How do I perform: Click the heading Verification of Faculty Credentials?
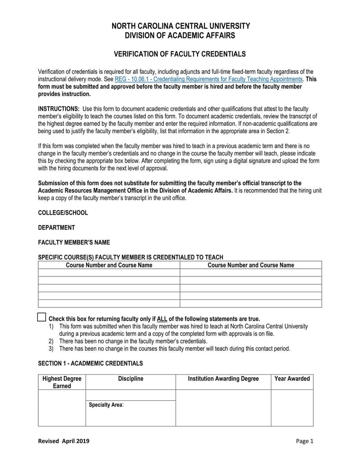180,54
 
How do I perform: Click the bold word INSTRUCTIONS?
59,109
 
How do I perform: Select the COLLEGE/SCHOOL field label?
63,213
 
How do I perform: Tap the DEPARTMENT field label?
57,227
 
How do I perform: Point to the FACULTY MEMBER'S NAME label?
74,242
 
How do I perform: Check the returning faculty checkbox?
42,317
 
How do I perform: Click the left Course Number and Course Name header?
109,265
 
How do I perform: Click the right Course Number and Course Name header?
251,265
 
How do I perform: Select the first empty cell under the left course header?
109,273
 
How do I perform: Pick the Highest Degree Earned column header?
62,382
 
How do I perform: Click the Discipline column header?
130,379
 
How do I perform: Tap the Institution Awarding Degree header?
223,379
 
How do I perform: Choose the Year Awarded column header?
292,379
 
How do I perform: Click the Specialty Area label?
106,405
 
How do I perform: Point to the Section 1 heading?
90,363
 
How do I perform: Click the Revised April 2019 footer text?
63,441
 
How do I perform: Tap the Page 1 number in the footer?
304,441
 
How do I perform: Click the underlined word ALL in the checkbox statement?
162,318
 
